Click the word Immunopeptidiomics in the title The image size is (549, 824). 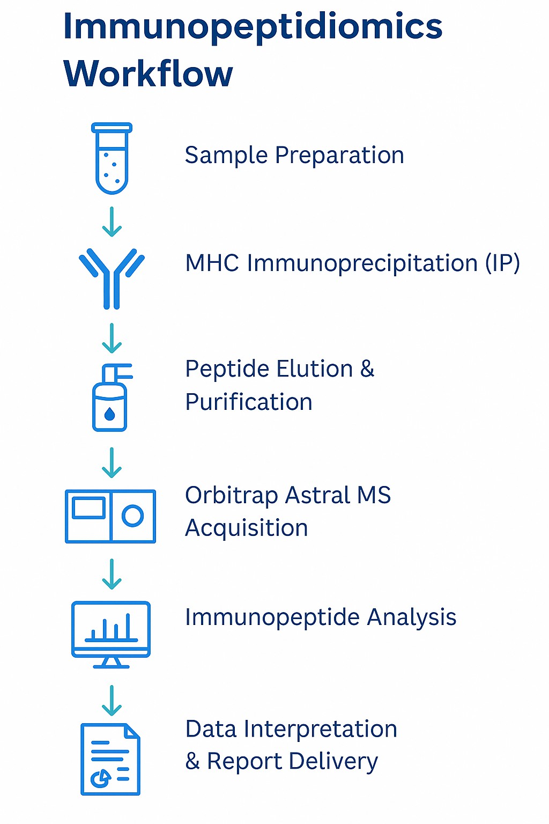[x=253, y=27]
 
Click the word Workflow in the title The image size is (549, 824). [x=148, y=73]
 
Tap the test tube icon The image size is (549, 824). [x=112, y=159]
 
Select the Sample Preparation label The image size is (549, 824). [x=294, y=156]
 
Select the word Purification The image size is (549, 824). [x=249, y=402]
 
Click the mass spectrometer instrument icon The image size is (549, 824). [x=110, y=516]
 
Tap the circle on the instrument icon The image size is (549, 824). [x=132, y=516]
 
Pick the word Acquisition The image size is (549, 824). [x=247, y=528]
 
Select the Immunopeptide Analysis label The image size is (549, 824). [x=321, y=617]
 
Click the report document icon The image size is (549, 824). [x=110, y=759]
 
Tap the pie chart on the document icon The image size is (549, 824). [x=100, y=777]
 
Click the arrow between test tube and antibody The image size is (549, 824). [x=112, y=222]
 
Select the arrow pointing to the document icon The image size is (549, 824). [x=112, y=700]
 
